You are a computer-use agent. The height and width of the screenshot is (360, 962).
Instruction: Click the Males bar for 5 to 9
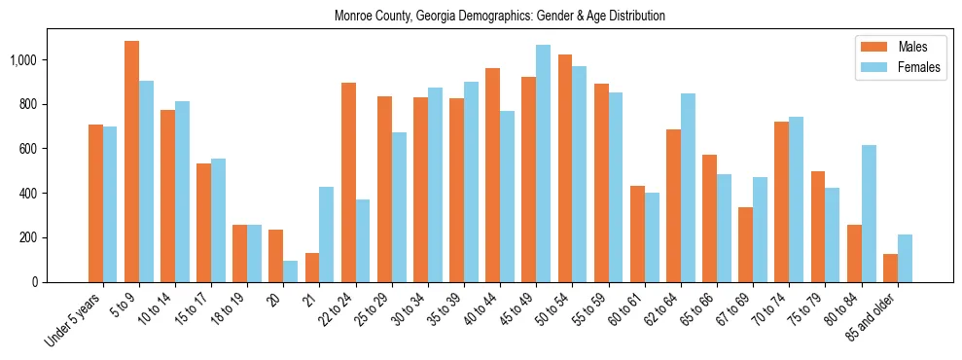click(x=131, y=162)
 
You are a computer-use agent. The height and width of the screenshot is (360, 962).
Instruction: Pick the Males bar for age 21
click(x=312, y=268)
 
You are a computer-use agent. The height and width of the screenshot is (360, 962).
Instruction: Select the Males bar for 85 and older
click(x=890, y=268)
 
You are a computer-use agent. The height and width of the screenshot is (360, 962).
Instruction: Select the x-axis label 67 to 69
click(x=735, y=309)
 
